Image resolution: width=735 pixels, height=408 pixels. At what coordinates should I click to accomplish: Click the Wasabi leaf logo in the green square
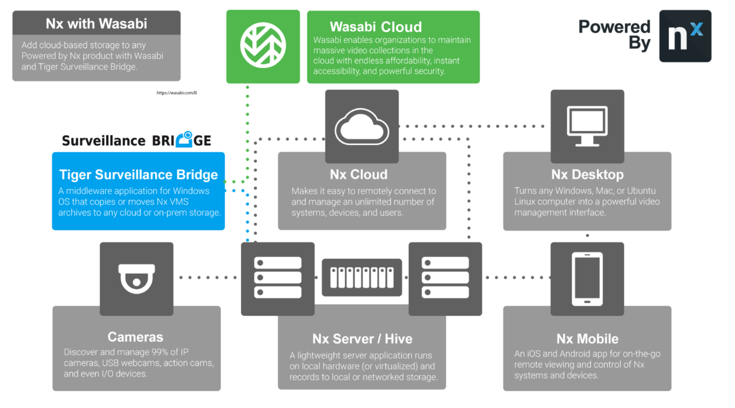pyautogui.click(x=263, y=46)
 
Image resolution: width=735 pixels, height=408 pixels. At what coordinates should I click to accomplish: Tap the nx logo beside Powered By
pyautogui.click(x=685, y=36)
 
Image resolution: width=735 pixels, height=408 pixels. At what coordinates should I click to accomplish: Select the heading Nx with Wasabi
pyautogui.click(x=96, y=23)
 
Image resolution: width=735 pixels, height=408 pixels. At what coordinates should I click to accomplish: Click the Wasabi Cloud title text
pyautogui.click(x=376, y=27)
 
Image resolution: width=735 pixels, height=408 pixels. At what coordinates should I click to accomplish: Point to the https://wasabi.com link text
pyautogui.click(x=176, y=93)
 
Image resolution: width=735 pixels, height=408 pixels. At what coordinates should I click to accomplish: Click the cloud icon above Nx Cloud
pyautogui.click(x=362, y=127)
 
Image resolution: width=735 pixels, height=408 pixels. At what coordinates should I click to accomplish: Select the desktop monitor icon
pyautogui.click(x=587, y=126)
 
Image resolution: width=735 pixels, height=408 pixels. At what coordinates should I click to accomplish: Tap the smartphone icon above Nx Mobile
pyautogui.click(x=587, y=279)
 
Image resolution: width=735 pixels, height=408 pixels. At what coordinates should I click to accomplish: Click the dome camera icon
pyautogui.click(x=136, y=278)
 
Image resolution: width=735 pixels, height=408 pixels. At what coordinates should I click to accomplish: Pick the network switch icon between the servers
pyautogui.click(x=362, y=277)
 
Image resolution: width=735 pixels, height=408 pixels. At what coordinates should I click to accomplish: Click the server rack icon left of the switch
pyautogui.click(x=278, y=278)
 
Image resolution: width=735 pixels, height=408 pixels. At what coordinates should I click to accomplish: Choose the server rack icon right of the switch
pyautogui.click(x=445, y=278)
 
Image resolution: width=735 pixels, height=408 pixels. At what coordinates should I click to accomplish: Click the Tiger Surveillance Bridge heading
pyautogui.click(x=138, y=175)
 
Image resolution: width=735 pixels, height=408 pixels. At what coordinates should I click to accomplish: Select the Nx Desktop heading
pyautogui.click(x=587, y=175)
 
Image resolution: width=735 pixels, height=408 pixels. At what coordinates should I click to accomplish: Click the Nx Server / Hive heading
pyautogui.click(x=362, y=339)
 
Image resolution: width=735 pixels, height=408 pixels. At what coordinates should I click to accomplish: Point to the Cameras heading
pyautogui.click(x=135, y=337)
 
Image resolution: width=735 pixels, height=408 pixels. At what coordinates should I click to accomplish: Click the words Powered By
pyautogui.click(x=614, y=34)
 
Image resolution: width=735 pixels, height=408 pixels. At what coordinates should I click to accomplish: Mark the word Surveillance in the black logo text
pyautogui.click(x=103, y=141)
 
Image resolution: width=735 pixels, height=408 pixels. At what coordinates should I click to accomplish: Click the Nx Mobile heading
pyautogui.click(x=587, y=339)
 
